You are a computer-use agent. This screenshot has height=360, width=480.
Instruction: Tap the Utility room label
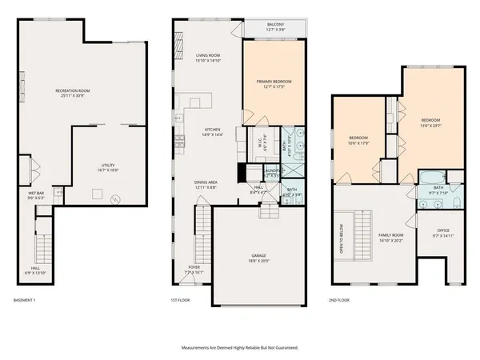tap(108, 167)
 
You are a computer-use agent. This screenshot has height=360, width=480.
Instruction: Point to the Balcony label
tap(274, 27)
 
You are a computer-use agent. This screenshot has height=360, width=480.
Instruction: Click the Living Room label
tap(207, 58)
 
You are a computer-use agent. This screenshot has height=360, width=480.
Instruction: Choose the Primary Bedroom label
tap(274, 84)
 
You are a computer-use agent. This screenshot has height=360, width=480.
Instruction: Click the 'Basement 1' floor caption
tap(25, 300)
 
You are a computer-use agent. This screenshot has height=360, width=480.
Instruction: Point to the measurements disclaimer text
tap(240, 348)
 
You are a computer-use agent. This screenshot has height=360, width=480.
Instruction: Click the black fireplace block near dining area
tap(241, 172)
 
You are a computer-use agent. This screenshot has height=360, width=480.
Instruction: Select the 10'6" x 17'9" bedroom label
tap(358, 141)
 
